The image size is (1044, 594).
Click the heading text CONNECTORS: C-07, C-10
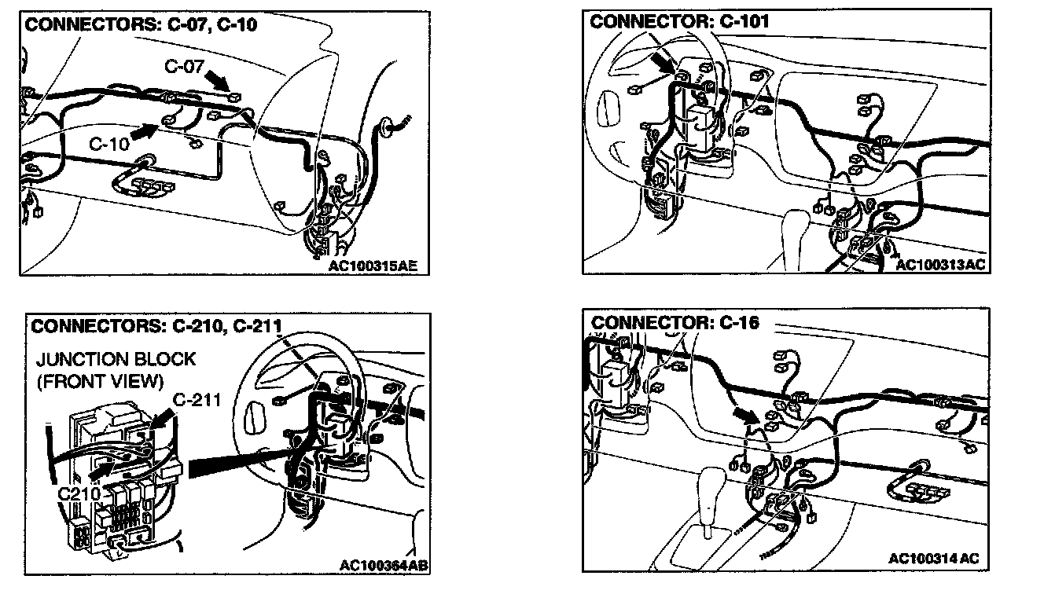(x=141, y=24)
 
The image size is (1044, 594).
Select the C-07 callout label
(x=184, y=67)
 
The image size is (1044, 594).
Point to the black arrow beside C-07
(x=217, y=81)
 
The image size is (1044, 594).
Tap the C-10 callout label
(x=109, y=144)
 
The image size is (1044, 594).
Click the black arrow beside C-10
(x=145, y=131)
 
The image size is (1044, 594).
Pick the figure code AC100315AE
(x=373, y=266)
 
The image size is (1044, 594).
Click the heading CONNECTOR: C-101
(x=679, y=21)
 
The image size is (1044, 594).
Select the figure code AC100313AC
(x=940, y=265)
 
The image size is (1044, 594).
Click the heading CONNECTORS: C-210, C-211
(x=156, y=325)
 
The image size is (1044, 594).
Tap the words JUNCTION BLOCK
(x=116, y=359)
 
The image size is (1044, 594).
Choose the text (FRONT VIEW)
(x=100, y=382)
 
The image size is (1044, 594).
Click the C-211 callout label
(x=197, y=400)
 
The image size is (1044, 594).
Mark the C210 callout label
(x=79, y=494)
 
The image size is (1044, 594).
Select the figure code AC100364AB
(x=384, y=566)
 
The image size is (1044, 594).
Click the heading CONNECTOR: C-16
(x=675, y=322)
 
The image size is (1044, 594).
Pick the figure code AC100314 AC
(x=934, y=558)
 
